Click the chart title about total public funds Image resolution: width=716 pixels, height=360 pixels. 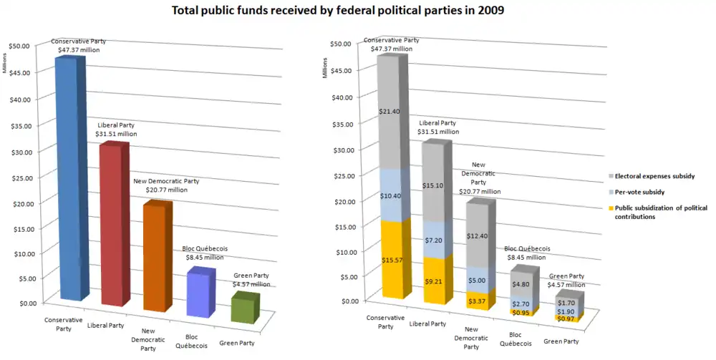(357, 11)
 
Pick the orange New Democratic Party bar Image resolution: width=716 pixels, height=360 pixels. (154, 258)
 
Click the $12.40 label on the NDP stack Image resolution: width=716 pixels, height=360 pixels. (476, 236)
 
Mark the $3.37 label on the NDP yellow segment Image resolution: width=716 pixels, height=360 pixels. (476, 301)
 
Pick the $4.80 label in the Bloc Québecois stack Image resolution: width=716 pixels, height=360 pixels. (520, 284)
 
